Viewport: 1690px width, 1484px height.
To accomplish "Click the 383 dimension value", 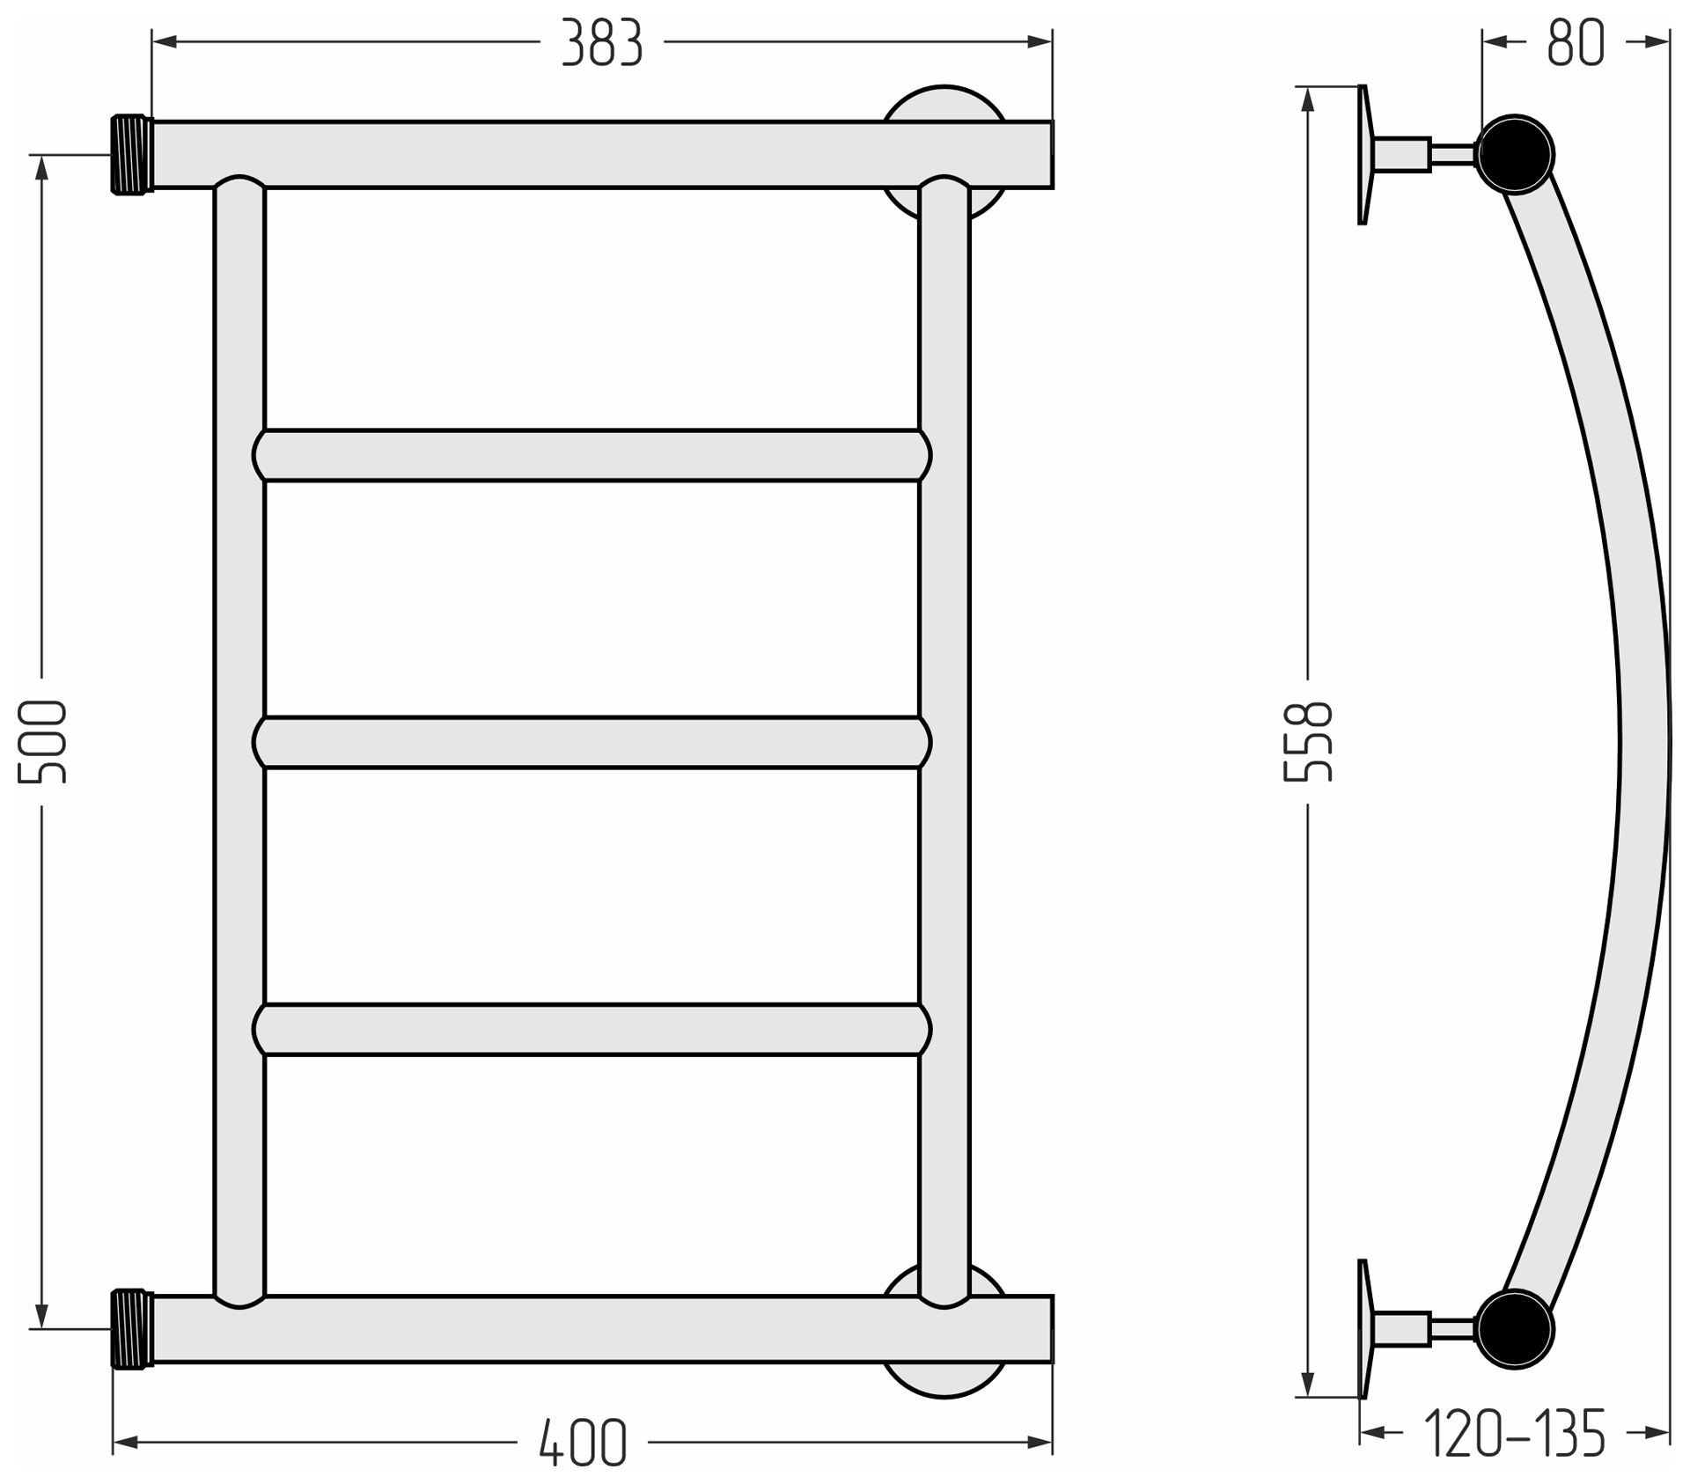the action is click(602, 43).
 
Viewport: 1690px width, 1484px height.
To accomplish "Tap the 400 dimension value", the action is click(583, 1443).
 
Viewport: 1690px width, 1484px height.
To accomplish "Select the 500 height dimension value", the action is click(42, 742).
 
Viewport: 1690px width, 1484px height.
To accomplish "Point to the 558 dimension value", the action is click(1308, 741).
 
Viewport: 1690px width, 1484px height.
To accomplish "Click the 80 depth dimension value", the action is click(1576, 43).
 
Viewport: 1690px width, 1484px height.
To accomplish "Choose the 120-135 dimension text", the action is click(1515, 1433).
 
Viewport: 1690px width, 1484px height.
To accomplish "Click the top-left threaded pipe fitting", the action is click(132, 154).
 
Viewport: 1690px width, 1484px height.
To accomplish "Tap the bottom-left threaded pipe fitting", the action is click(132, 1329).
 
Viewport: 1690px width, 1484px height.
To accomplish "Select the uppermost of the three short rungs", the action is click(591, 456).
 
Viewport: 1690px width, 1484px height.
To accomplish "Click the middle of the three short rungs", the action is click(591, 743).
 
